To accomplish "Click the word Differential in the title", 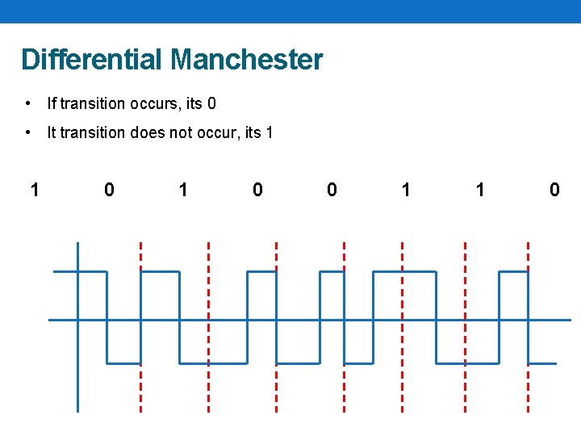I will (94, 60).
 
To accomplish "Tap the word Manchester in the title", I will (247, 60).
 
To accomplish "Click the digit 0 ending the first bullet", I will (211, 103).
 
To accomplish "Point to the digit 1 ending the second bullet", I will (269, 132).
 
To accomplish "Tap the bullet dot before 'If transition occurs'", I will (28, 103).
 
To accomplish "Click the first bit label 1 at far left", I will (34, 190).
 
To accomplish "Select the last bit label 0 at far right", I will (554, 190).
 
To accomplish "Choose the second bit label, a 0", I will (109, 190).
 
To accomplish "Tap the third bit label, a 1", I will (183, 190).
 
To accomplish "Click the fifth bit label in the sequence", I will (332, 190).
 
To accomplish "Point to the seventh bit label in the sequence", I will (480, 190).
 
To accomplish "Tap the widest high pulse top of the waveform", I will (403, 272).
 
